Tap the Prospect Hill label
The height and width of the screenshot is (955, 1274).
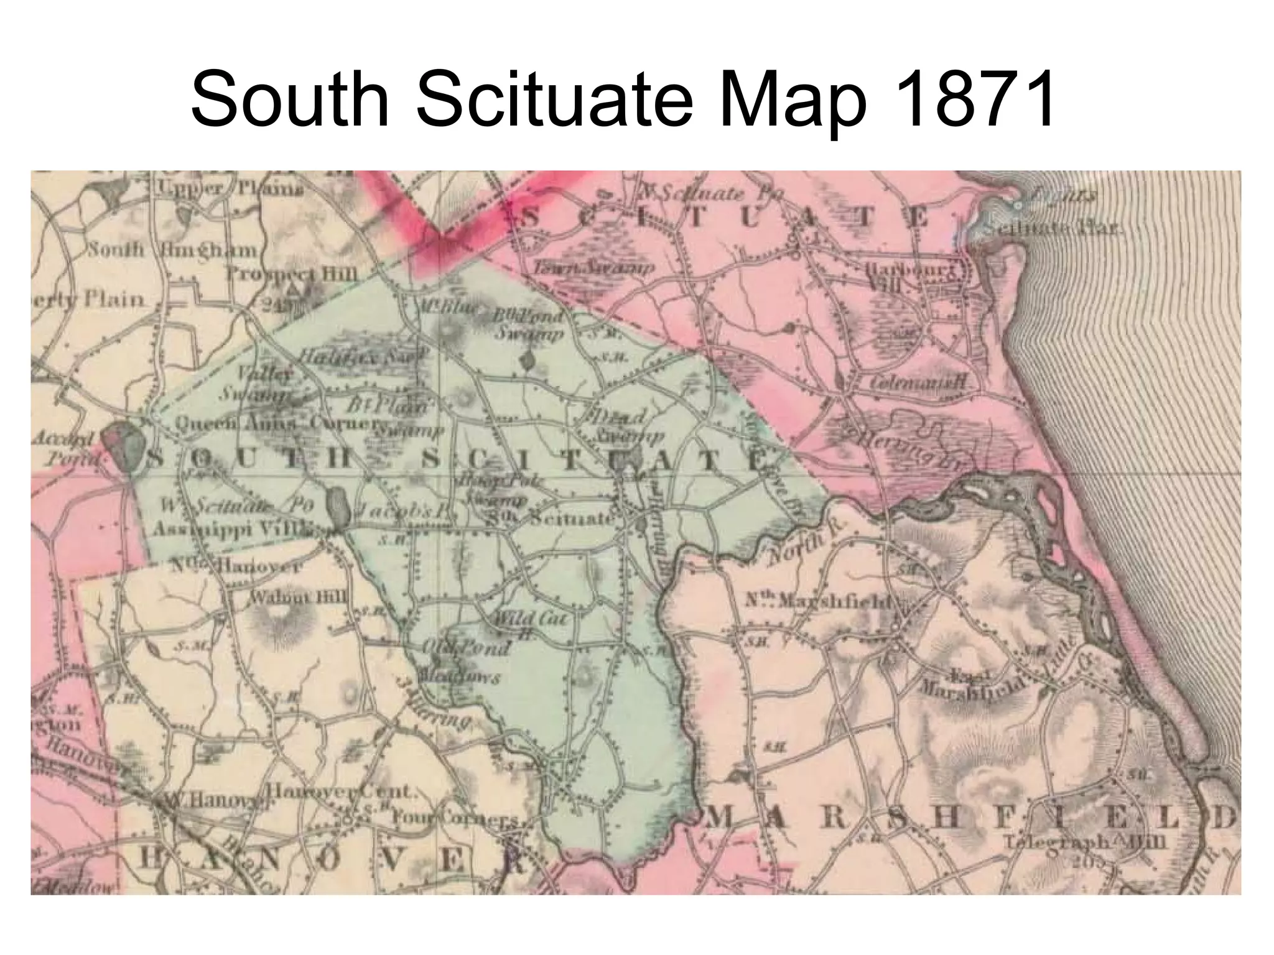(292, 274)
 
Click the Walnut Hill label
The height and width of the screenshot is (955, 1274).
(299, 597)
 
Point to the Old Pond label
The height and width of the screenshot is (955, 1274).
(467, 648)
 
